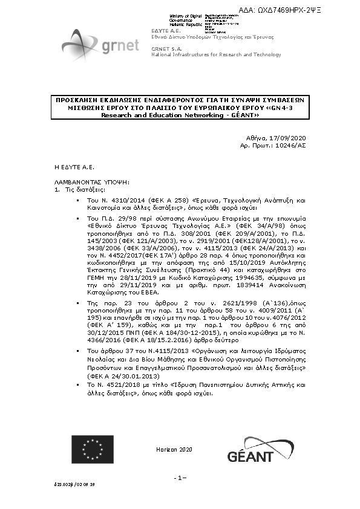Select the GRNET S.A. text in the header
(166, 48)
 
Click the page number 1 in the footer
(180, 478)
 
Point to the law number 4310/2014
(117, 199)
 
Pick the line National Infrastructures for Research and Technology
(216, 54)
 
